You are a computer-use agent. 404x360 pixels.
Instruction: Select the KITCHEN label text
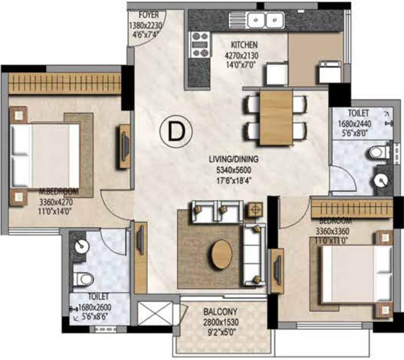(244, 45)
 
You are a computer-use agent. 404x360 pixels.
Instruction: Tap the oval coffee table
(221, 255)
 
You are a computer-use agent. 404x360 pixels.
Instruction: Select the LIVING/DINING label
(234, 159)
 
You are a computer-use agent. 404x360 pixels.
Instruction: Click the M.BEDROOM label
(59, 193)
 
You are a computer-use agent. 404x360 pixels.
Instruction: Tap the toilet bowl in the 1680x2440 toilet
(378, 152)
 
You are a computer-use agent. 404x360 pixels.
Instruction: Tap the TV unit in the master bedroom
(124, 146)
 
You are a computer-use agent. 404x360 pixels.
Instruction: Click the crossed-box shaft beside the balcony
(155, 313)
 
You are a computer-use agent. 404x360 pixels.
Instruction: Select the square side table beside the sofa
(256, 209)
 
